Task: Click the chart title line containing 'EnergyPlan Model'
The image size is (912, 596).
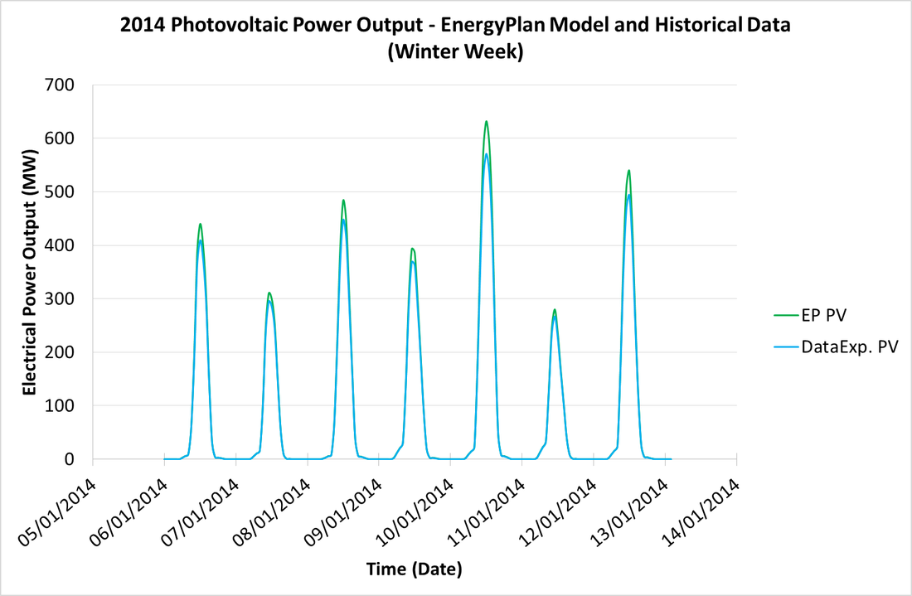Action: tap(455, 26)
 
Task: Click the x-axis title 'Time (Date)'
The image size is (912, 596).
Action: tap(415, 569)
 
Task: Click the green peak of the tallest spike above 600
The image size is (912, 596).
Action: tap(486, 122)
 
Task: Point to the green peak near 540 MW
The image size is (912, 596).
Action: tap(628, 171)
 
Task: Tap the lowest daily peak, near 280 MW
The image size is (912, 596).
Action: tap(555, 310)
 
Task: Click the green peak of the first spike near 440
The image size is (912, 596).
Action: tap(200, 224)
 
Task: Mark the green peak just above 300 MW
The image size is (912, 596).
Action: tap(269, 293)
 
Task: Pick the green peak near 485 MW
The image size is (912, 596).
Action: tap(342, 200)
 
